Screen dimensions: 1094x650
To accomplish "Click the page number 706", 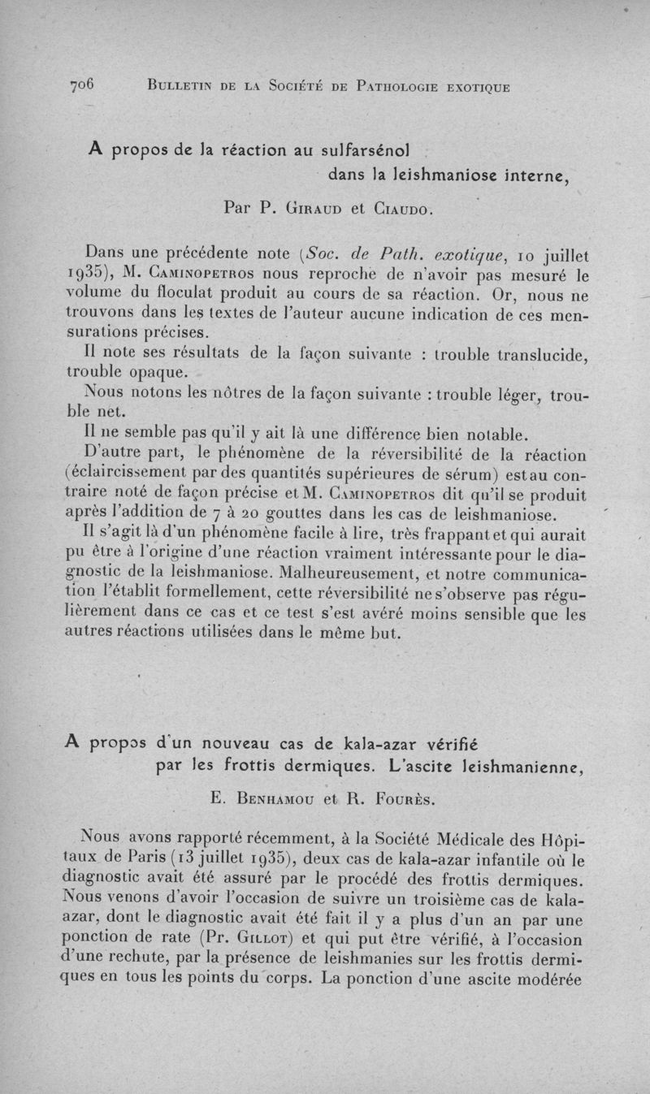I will (x=83, y=85).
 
